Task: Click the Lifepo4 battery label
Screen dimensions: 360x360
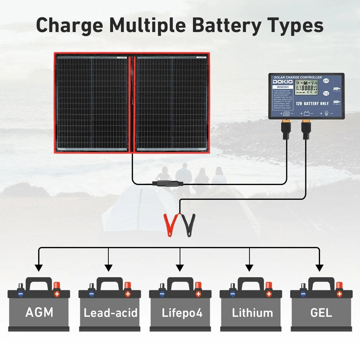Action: click(x=180, y=312)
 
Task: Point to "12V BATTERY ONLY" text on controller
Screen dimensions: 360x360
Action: click(x=312, y=103)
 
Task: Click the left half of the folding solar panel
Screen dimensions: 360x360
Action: click(x=92, y=103)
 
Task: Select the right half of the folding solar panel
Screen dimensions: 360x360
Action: click(x=172, y=103)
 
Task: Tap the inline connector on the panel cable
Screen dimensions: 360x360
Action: click(x=167, y=184)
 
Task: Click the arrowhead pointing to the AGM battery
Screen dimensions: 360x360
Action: click(x=39, y=268)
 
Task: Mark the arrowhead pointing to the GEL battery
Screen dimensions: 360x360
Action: click(x=319, y=268)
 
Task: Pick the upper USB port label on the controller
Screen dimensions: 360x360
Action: click(x=336, y=89)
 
